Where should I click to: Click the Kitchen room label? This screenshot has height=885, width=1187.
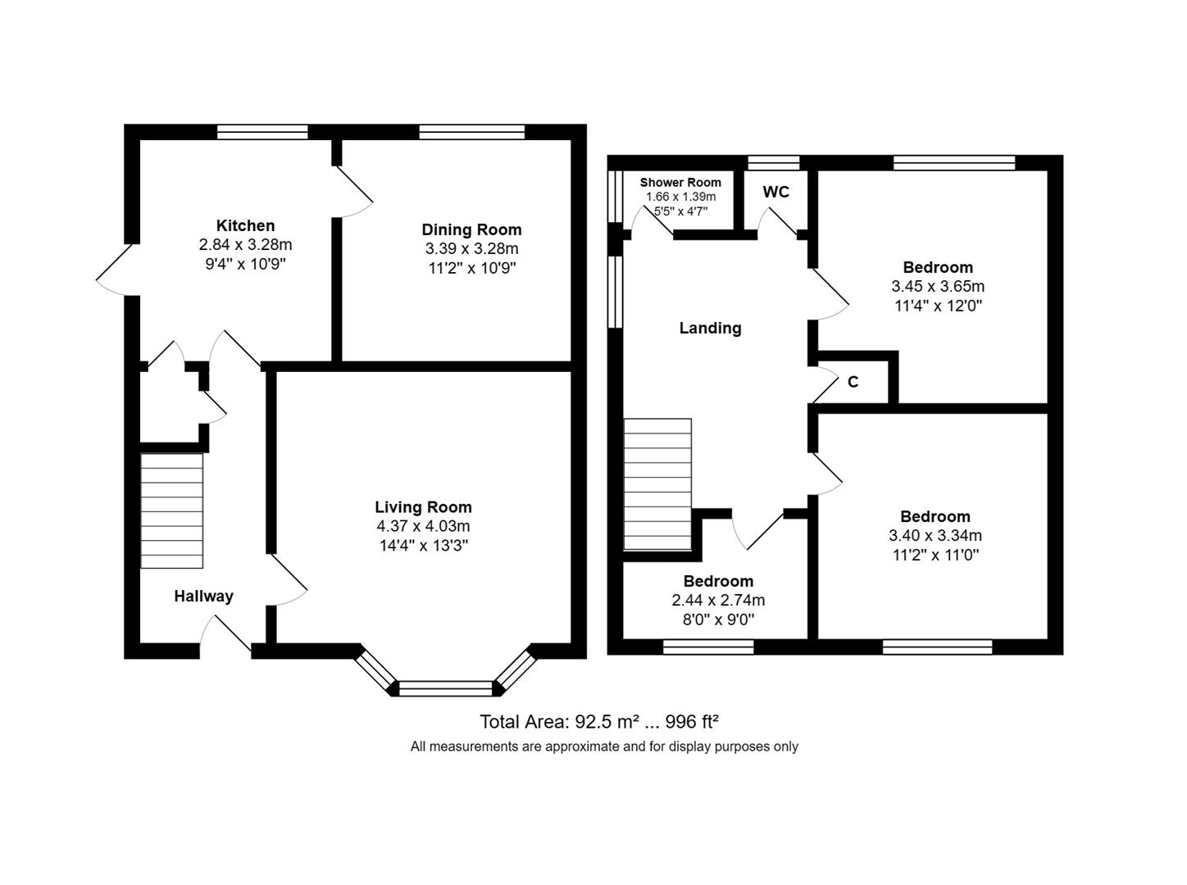click(x=245, y=225)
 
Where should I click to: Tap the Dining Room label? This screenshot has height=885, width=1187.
click(x=471, y=229)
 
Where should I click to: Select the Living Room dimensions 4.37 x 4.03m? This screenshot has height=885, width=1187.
click(x=423, y=526)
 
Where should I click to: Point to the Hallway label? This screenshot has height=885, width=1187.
click(x=203, y=596)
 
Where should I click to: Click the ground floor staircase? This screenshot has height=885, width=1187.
click(x=172, y=511)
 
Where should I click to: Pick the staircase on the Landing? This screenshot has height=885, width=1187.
click(x=657, y=483)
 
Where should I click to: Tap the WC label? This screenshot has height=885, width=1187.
click(x=775, y=192)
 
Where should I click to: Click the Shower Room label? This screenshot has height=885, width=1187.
click(x=680, y=182)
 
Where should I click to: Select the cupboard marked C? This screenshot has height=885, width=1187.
click(x=853, y=382)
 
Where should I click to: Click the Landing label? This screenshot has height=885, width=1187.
click(x=710, y=328)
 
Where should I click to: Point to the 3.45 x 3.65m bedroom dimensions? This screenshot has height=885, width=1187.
click(x=938, y=287)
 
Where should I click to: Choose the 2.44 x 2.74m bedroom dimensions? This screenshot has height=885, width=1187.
click(x=718, y=601)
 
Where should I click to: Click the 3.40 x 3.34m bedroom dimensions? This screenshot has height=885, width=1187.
click(x=935, y=536)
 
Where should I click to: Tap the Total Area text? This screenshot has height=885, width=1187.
click(x=598, y=722)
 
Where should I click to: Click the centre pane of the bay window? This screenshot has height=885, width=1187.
click(x=445, y=688)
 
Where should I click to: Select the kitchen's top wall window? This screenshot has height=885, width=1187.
click(x=262, y=132)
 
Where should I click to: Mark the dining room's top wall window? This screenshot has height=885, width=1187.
click(x=471, y=132)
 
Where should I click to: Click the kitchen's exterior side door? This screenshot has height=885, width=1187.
click(x=115, y=269)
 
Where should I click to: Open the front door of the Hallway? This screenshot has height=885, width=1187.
click(x=225, y=635)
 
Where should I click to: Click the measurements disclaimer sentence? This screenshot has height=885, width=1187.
click(x=604, y=747)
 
